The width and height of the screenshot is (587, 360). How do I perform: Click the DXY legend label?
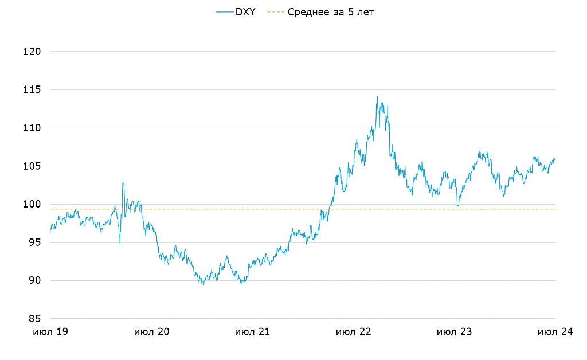pyautogui.click(x=245, y=11)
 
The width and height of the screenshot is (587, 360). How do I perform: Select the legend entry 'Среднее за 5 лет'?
pyautogui.click(x=331, y=11)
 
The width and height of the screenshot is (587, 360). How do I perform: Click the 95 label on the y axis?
pyautogui.click(x=34, y=242)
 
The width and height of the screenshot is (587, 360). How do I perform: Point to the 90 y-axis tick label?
pyautogui.click(x=34, y=280)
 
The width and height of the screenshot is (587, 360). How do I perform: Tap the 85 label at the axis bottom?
pyautogui.click(x=34, y=319)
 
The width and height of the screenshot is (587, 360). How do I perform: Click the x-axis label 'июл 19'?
pyautogui.click(x=51, y=332)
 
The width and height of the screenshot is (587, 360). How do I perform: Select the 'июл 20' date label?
pyautogui.click(x=152, y=332)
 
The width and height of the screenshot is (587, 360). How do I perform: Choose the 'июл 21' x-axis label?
pyautogui.click(x=253, y=332)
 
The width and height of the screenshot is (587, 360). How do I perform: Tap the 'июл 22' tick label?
pyautogui.click(x=354, y=332)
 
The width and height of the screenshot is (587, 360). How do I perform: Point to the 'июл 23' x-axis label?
pyautogui.click(x=455, y=332)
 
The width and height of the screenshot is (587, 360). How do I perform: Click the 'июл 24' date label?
pyautogui.click(x=555, y=332)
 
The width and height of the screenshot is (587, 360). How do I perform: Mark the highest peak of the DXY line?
pyautogui.click(x=377, y=97)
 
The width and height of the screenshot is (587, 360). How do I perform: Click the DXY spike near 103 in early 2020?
pyautogui.click(x=123, y=183)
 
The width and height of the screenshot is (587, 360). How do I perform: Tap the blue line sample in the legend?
pyautogui.click(x=224, y=11)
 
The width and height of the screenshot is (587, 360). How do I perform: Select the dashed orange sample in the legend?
pyautogui.click(x=276, y=11)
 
